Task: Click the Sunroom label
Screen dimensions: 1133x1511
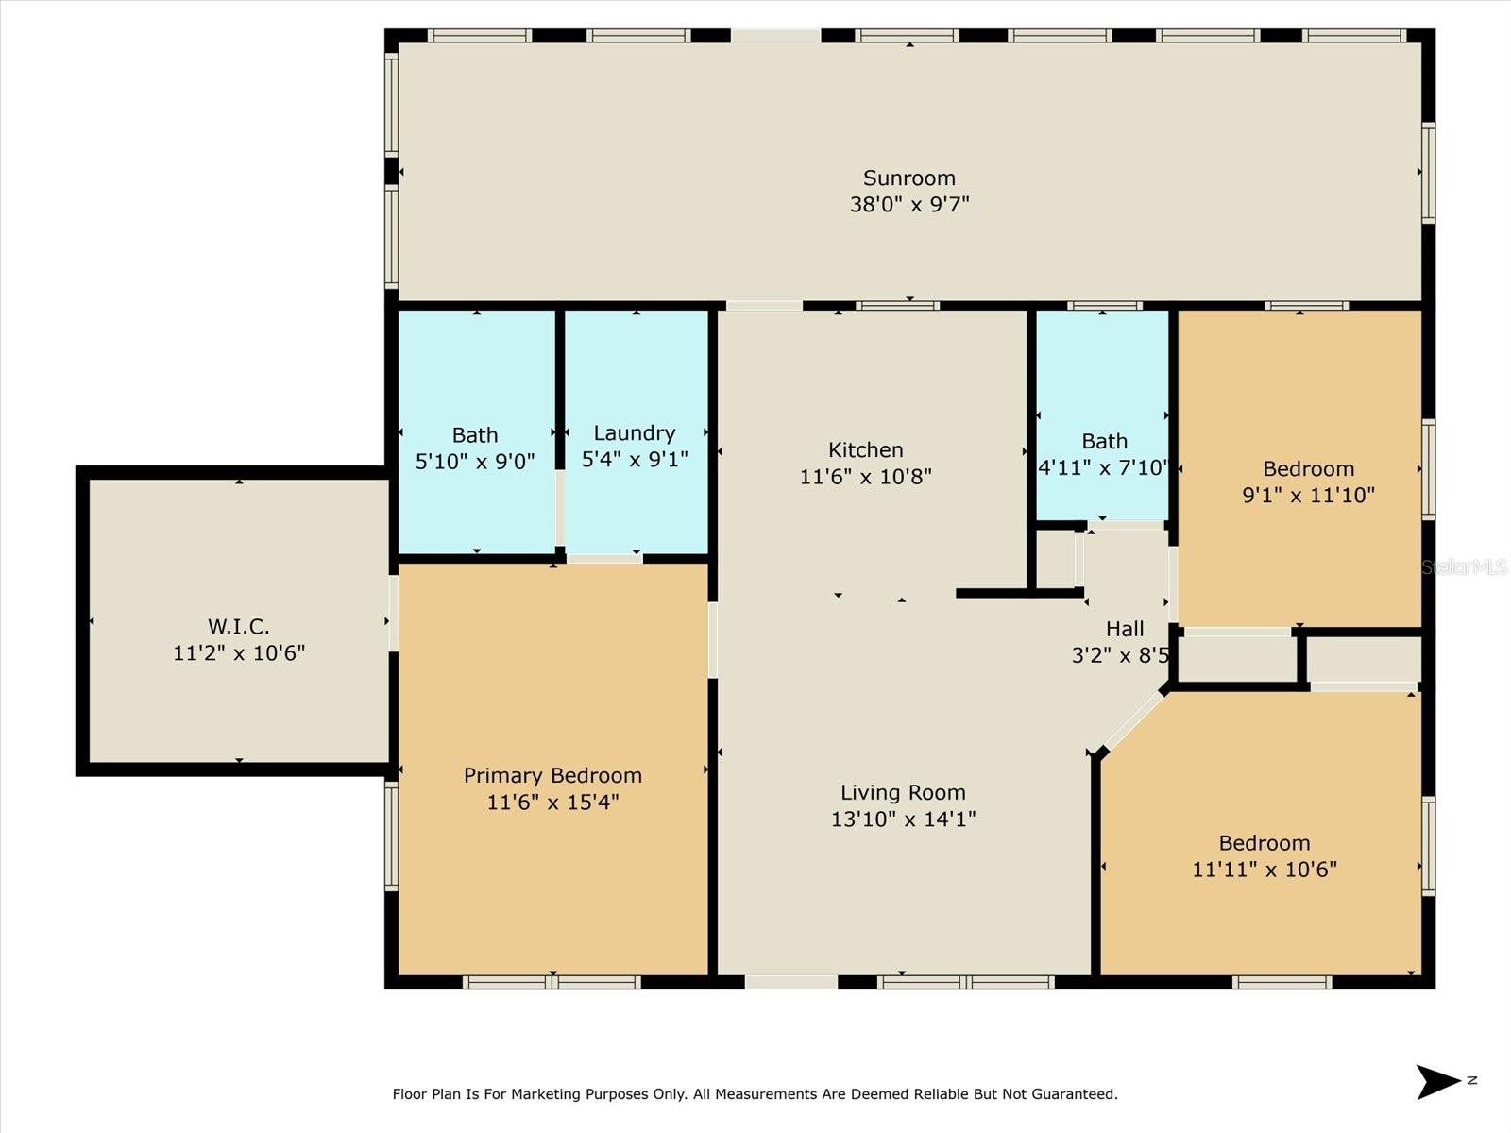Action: click(908, 178)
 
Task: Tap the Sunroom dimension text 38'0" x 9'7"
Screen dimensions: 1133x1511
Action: click(908, 204)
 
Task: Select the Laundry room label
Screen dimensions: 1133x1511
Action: click(634, 433)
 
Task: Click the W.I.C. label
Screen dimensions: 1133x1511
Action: click(238, 626)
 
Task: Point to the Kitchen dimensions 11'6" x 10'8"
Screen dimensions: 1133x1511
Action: click(865, 477)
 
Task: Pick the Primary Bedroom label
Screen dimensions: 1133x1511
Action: click(552, 775)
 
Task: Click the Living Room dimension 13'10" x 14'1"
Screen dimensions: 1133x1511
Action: click(903, 819)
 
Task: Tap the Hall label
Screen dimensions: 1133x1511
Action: click(1124, 629)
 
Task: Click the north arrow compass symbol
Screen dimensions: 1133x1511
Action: click(1438, 1082)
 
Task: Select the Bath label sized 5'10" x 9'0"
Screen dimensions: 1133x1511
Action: click(474, 435)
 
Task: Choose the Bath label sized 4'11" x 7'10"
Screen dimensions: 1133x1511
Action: click(1104, 441)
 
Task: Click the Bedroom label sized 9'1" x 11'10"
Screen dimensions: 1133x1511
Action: click(1308, 468)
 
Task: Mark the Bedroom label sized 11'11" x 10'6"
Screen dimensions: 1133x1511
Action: click(1264, 843)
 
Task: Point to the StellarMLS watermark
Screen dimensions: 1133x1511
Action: click(1464, 566)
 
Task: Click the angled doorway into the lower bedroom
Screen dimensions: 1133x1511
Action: click(1131, 723)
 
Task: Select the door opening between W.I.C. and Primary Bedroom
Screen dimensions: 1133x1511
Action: click(393, 614)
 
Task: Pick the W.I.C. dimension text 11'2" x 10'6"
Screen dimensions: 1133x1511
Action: click(238, 652)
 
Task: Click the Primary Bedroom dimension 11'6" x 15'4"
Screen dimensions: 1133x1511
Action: click(552, 802)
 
